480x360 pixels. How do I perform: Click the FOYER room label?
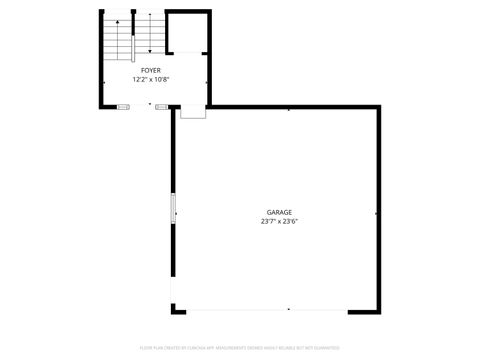point(150,70)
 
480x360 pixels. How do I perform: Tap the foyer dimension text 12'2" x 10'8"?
point(150,79)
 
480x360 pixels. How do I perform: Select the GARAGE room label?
point(279,213)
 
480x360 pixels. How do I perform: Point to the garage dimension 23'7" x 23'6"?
point(279,222)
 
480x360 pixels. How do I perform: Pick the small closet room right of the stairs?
point(187,33)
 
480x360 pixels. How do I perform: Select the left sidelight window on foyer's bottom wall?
point(124,105)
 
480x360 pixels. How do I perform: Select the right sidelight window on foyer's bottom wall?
point(161,105)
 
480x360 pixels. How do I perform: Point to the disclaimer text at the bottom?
point(240,347)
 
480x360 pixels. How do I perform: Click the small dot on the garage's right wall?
point(375,213)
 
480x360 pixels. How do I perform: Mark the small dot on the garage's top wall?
point(289,109)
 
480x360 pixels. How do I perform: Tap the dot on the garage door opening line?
point(288,309)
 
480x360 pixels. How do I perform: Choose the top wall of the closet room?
point(188,12)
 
